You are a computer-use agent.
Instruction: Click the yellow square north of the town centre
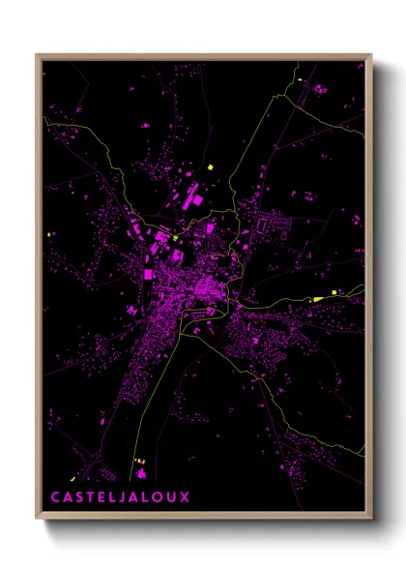click(x=210, y=167)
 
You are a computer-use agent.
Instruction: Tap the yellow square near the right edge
click(x=335, y=291)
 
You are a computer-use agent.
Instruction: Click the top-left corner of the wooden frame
click(x=38, y=55)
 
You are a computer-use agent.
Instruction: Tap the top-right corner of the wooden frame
click(x=371, y=55)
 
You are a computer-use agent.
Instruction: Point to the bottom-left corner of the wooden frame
click(x=38, y=518)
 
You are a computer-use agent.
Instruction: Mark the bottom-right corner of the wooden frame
click(x=371, y=518)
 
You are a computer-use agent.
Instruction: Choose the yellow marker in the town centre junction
click(x=175, y=235)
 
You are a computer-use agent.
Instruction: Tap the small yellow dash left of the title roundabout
click(x=136, y=461)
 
